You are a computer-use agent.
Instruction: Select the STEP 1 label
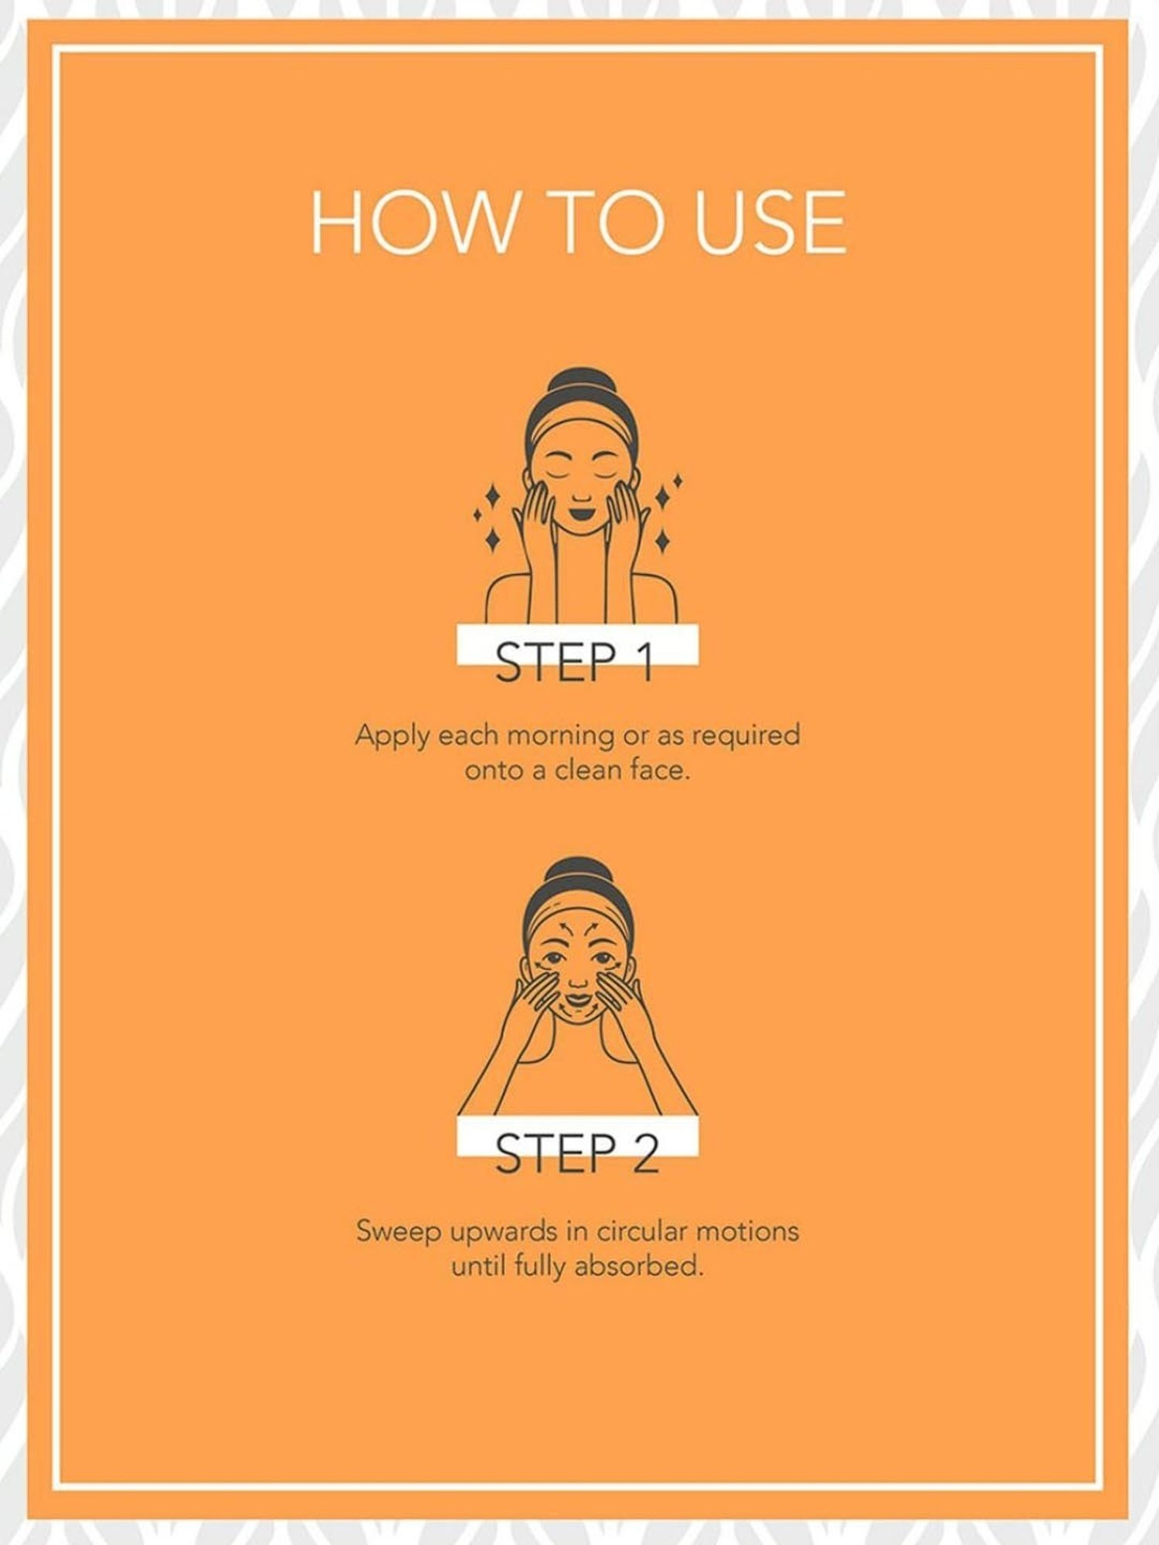[x=576, y=663]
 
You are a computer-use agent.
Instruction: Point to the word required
[x=745, y=735]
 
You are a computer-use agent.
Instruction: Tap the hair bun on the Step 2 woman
[x=579, y=874]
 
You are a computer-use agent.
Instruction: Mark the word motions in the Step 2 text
[x=747, y=1230]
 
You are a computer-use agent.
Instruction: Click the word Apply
[x=392, y=735]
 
